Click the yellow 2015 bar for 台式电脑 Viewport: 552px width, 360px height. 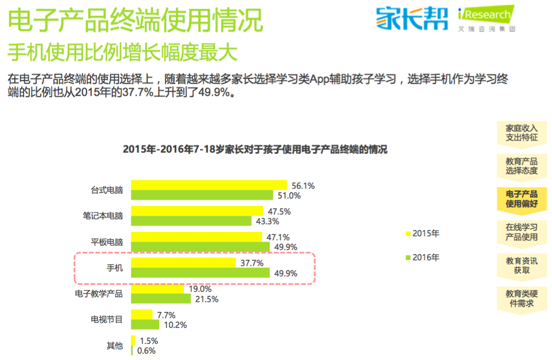pyautogui.click(x=209, y=185)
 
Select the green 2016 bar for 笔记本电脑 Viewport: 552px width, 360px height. pyautogui.click(x=191, y=221)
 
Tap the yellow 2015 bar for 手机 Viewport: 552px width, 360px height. pyautogui.click(x=183, y=263)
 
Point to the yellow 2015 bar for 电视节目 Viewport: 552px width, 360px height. pyautogui.click(x=142, y=314)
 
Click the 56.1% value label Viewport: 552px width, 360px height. pyautogui.click(x=303, y=185)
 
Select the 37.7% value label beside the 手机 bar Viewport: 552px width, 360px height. pyautogui.click(x=251, y=263)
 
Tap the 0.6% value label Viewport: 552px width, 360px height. pyautogui.click(x=147, y=351)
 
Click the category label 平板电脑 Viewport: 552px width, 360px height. pyautogui.click(x=107, y=242)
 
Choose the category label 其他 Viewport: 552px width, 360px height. pyautogui.click(x=115, y=346)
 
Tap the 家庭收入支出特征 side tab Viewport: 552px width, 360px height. pyautogui.click(x=521, y=133)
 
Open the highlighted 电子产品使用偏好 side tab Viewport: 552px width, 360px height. pyautogui.click(x=521, y=199)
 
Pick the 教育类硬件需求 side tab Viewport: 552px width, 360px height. pyautogui.click(x=521, y=298)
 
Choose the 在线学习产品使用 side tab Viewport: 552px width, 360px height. pyautogui.click(x=521, y=232)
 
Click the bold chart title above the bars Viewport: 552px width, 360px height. pyautogui.click(x=255, y=149)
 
